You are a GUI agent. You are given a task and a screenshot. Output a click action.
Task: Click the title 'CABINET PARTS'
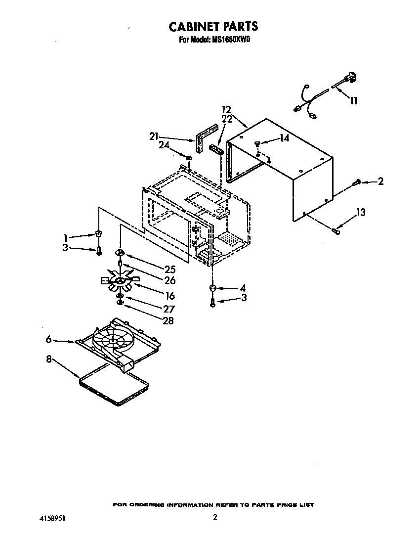(x=213, y=26)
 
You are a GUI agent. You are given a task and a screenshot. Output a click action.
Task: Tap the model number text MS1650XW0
(x=232, y=41)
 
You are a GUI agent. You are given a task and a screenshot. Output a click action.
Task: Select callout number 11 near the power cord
(x=354, y=100)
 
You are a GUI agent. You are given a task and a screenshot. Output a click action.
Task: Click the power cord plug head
(x=351, y=77)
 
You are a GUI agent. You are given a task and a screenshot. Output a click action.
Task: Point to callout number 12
(x=227, y=109)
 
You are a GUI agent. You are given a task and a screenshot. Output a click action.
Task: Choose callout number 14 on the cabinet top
(x=284, y=139)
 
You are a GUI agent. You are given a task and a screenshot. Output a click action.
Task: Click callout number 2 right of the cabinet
(x=380, y=182)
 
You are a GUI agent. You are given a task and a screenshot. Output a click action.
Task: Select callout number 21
(x=154, y=136)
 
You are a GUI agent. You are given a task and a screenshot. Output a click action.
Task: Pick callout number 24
(x=164, y=145)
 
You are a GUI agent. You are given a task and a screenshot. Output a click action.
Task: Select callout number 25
(x=170, y=270)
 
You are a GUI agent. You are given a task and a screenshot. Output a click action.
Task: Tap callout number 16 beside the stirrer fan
(x=170, y=296)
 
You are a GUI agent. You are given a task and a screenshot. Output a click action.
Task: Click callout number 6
(x=48, y=339)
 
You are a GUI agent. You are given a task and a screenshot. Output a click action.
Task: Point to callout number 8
(x=48, y=359)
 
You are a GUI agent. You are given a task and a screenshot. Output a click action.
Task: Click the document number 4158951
(x=52, y=518)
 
